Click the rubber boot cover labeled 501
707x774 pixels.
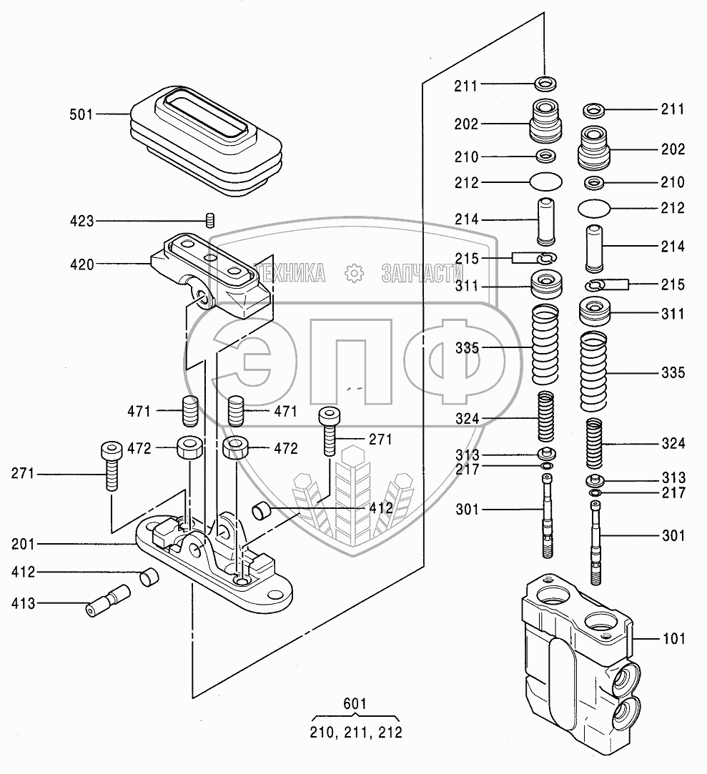(206, 142)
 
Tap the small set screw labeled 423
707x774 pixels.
(210, 220)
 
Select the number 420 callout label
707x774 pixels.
(82, 264)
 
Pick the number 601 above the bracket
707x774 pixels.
(355, 703)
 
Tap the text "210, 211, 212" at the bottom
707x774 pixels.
(356, 732)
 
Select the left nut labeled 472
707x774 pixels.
(189, 447)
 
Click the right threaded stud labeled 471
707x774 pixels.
(236, 411)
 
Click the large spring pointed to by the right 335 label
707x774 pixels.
(593, 371)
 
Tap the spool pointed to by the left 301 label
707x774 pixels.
(547, 516)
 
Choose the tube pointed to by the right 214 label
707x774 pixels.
(594, 248)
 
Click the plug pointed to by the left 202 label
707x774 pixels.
(545, 121)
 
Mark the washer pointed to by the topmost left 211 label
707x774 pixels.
(545, 84)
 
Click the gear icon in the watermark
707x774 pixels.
(354, 274)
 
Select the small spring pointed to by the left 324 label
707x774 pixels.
(545, 417)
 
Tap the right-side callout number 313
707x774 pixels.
(673, 478)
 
